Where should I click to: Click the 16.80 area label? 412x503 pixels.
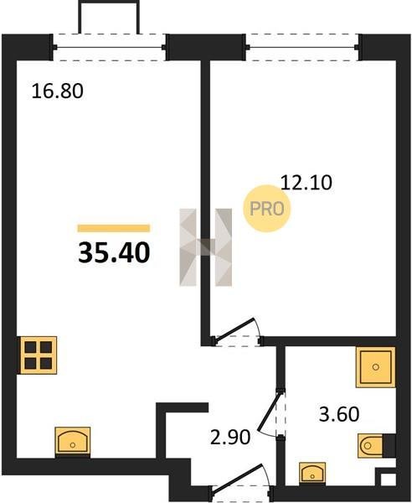pos(58,91)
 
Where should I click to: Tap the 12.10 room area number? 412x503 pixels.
pos(306,183)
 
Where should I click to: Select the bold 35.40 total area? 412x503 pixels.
pos(114,252)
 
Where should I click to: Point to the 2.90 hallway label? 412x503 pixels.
pos(230,437)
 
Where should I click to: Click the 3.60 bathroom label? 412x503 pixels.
pos(339,414)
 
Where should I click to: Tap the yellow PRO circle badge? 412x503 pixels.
pos(266,209)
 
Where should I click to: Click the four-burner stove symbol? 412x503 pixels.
pos(39,355)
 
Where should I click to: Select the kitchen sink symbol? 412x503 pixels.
pos(73,442)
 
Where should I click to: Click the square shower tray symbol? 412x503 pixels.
pos(375,366)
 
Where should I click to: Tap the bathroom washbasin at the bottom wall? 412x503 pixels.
pos(312,473)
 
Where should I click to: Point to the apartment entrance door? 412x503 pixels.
pos(241,479)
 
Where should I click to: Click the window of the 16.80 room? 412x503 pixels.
pos(109,48)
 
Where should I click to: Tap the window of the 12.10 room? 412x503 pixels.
pos(302,48)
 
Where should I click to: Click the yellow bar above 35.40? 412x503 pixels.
pos(114,228)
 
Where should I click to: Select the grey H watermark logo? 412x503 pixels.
pos(206,247)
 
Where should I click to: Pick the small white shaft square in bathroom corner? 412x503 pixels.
pos(389,480)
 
